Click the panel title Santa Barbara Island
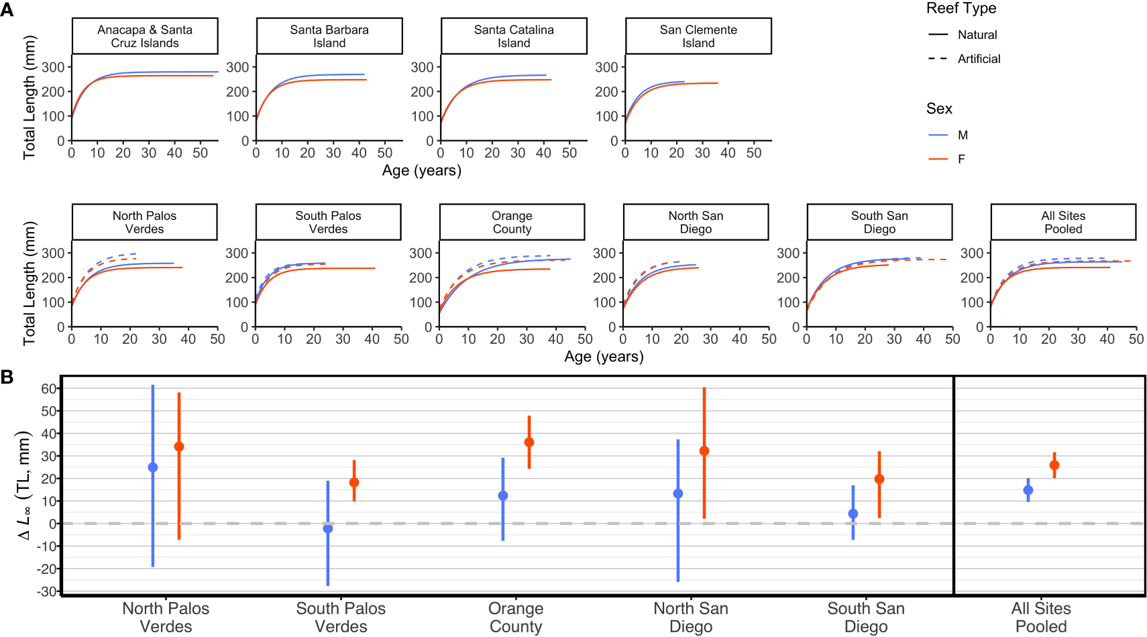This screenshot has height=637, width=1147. point(329,36)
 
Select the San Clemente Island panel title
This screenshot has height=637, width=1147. point(698,36)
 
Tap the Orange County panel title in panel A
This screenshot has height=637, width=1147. point(512,222)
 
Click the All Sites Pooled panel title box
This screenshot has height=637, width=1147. point(1063,222)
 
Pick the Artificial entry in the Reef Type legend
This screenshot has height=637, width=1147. point(978,59)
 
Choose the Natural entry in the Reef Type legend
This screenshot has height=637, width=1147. point(977,35)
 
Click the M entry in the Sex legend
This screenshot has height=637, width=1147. point(962,135)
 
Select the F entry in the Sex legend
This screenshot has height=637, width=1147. point(961,160)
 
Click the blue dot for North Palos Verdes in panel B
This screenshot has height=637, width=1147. point(153,467)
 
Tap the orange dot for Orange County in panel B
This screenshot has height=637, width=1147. point(529,442)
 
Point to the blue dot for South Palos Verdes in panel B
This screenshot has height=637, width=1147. point(328,528)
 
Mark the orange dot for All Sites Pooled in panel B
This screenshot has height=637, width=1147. point(1054,465)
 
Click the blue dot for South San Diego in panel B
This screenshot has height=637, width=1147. point(853,514)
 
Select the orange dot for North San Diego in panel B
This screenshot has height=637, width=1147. point(704,451)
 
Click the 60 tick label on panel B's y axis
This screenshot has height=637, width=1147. point(48,389)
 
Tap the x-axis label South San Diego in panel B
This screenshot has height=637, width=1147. point(866,617)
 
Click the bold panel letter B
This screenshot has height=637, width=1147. point(7,377)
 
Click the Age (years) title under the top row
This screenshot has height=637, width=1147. point(421,170)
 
